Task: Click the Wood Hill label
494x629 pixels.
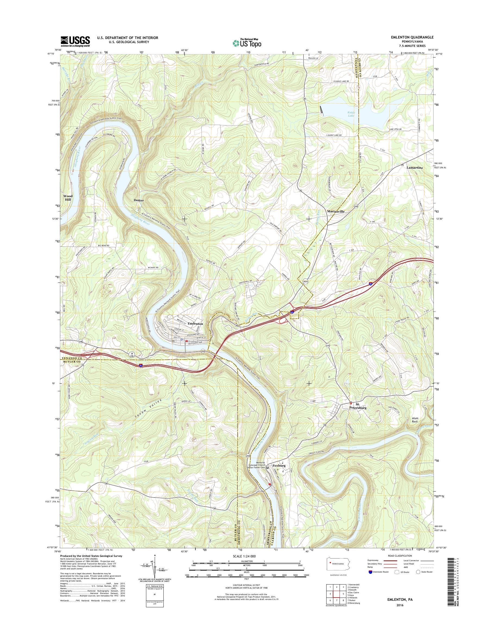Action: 68,198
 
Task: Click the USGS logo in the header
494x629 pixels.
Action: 75,41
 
